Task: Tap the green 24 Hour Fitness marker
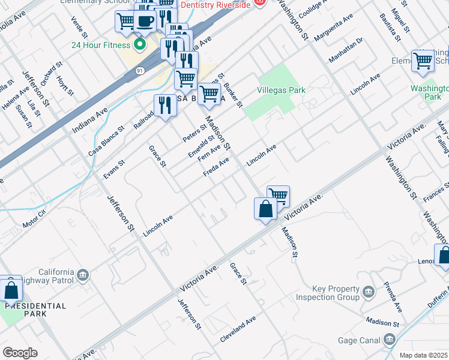point(140,45)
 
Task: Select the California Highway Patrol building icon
point(83,275)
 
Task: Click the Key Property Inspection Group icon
point(368,292)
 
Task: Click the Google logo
point(20,352)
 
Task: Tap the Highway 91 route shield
point(140,71)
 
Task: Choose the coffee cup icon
point(144,22)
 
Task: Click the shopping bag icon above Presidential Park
point(11,289)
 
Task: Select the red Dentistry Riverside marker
point(259,3)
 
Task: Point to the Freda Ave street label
point(216,167)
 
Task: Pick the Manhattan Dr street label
point(346,51)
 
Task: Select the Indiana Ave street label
point(89,120)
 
